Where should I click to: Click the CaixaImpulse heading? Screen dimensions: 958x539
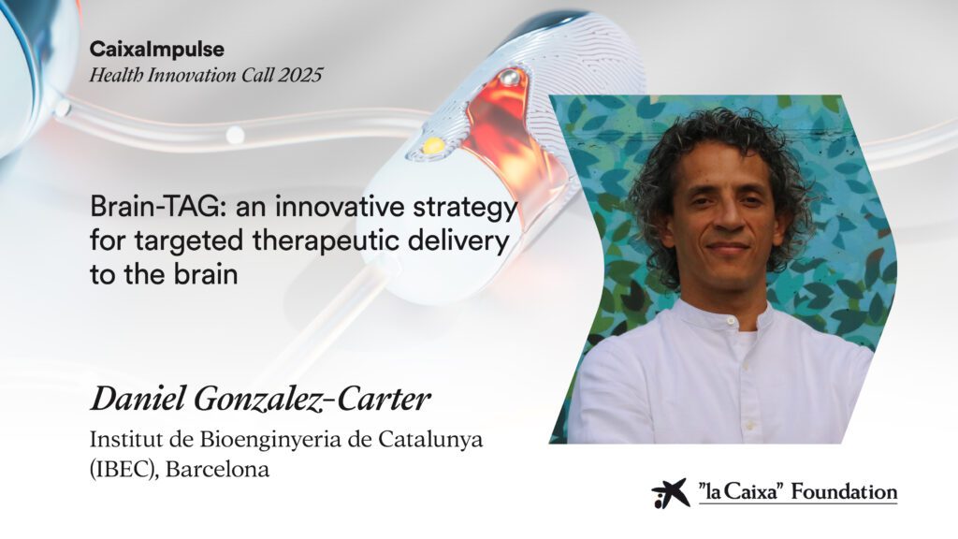[157, 50]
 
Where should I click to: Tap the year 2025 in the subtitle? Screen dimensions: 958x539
[300, 75]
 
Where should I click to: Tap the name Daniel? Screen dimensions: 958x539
[138, 399]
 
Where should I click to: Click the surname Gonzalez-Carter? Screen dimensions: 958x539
[312, 400]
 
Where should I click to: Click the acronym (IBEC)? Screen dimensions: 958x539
[124, 470]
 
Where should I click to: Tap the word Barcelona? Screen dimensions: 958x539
[217, 470]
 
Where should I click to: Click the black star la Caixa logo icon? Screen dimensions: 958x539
[670, 492]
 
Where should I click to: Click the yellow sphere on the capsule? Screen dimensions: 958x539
[434, 145]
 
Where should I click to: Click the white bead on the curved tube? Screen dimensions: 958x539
[235, 135]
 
